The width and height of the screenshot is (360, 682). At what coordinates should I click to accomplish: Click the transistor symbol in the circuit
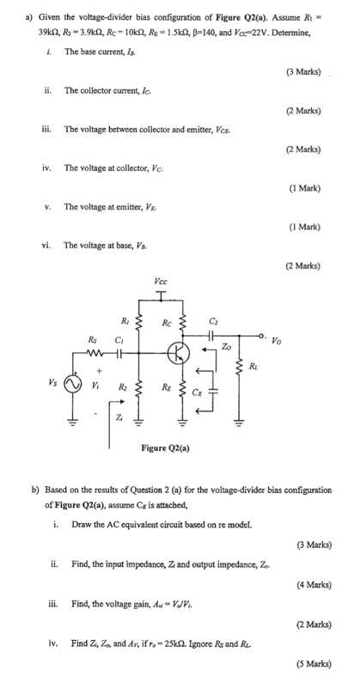click(x=180, y=352)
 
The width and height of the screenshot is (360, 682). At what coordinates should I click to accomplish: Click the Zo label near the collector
click(x=226, y=346)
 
